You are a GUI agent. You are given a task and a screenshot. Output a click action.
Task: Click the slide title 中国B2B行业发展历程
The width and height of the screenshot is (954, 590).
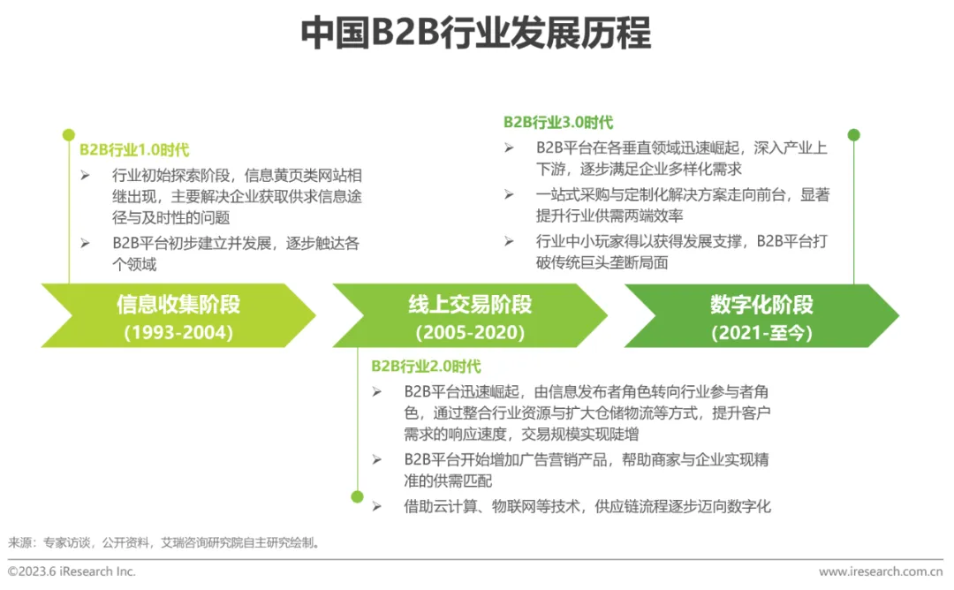point(476,34)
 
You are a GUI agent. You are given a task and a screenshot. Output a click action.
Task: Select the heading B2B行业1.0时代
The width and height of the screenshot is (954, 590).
point(134,150)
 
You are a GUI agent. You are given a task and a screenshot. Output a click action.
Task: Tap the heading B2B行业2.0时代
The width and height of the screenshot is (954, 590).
point(426,366)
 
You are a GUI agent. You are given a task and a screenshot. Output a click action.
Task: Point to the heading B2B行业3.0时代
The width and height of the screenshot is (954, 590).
point(558,123)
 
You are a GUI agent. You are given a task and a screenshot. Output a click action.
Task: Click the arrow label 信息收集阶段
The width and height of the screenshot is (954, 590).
point(178,306)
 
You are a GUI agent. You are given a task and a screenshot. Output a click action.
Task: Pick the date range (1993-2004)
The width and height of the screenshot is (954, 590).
point(178,333)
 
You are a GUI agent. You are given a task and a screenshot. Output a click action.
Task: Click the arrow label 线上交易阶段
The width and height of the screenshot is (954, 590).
point(470,306)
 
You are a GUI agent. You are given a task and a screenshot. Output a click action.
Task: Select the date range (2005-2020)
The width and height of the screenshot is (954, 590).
point(470,333)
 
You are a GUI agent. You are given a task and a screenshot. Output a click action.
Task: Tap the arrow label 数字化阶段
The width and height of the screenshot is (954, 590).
point(761,306)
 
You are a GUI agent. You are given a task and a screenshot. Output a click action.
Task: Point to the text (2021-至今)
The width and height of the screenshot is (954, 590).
point(761,333)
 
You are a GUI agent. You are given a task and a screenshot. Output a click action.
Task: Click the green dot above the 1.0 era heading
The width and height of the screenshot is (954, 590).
point(69,135)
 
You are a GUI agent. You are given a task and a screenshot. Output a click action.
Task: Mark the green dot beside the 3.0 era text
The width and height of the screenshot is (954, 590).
point(853,135)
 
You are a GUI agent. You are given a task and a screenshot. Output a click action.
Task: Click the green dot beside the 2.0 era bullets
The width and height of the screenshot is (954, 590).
point(357,496)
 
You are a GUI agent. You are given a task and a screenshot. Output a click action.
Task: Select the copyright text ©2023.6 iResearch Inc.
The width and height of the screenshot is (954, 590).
point(72,571)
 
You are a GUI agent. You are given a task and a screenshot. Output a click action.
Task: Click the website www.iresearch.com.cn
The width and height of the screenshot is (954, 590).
point(880,571)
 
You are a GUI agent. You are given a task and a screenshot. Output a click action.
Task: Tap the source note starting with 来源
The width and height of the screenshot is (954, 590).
point(164,542)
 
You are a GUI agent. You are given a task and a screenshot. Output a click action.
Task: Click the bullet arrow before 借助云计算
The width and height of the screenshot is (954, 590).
point(377,506)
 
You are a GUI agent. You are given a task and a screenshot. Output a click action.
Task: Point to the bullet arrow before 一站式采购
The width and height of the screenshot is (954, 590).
point(510,194)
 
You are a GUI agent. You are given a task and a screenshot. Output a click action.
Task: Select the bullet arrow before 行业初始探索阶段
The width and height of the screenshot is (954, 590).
point(85,175)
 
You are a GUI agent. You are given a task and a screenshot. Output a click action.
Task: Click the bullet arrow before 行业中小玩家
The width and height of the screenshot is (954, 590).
point(510,241)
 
